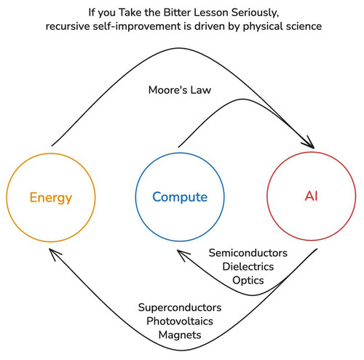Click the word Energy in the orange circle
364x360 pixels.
pos(51,198)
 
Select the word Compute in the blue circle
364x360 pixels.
pos(180,197)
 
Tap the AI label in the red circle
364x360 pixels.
pos(311,196)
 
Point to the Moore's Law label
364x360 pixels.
pos(180,90)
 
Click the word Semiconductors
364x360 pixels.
pos(248,253)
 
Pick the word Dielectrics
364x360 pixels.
pos(248,266)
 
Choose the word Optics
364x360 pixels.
pos(248,281)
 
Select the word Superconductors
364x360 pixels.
pos(180,308)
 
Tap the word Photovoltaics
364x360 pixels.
pos(180,321)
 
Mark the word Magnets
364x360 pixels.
pos(180,335)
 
